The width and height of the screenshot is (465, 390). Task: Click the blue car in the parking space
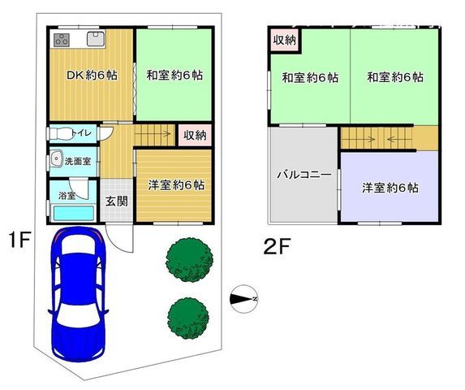(77, 297)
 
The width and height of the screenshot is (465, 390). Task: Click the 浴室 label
(67, 196)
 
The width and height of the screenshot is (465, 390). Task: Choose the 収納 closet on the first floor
(194, 135)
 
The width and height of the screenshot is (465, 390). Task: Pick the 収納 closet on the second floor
(284, 40)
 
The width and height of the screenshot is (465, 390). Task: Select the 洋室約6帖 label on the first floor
(175, 184)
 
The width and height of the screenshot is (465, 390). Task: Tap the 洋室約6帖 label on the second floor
(390, 188)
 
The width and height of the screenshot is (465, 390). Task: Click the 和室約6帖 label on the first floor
(174, 76)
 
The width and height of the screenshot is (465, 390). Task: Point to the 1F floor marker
(19, 240)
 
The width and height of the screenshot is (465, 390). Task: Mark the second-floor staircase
(377, 139)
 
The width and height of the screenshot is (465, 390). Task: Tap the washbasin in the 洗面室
(57, 159)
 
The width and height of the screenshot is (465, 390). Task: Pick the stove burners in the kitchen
(64, 39)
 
